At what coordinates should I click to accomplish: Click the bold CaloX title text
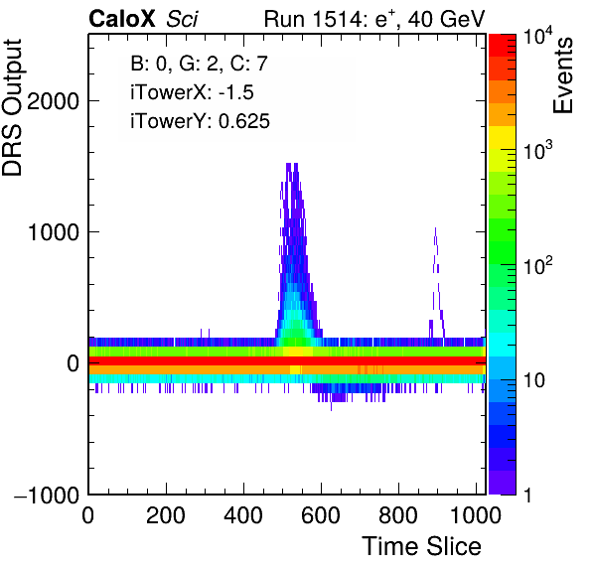(x=121, y=19)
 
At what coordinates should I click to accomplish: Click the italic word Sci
(x=182, y=19)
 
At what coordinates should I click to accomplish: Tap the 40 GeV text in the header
(x=446, y=19)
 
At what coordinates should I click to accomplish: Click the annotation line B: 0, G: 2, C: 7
(x=199, y=64)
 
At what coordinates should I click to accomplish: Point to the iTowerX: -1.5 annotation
(x=192, y=92)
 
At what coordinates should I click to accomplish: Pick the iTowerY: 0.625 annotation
(x=200, y=121)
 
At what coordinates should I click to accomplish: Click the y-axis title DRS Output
(x=12, y=107)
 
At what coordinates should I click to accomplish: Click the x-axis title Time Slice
(x=422, y=546)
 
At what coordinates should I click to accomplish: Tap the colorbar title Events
(x=562, y=75)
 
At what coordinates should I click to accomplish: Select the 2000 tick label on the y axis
(x=54, y=101)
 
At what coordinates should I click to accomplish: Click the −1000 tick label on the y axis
(x=47, y=495)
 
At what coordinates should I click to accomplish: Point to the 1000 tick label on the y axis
(x=54, y=232)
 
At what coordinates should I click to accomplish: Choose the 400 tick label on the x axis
(x=243, y=515)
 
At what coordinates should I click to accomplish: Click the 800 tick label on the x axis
(x=398, y=515)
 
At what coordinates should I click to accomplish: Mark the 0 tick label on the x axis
(x=88, y=515)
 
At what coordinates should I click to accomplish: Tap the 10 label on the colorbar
(x=533, y=380)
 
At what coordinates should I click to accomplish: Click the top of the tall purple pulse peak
(x=292, y=164)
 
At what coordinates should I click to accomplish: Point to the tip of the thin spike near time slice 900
(x=435, y=228)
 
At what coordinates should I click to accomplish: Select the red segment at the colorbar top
(x=503, y=46)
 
